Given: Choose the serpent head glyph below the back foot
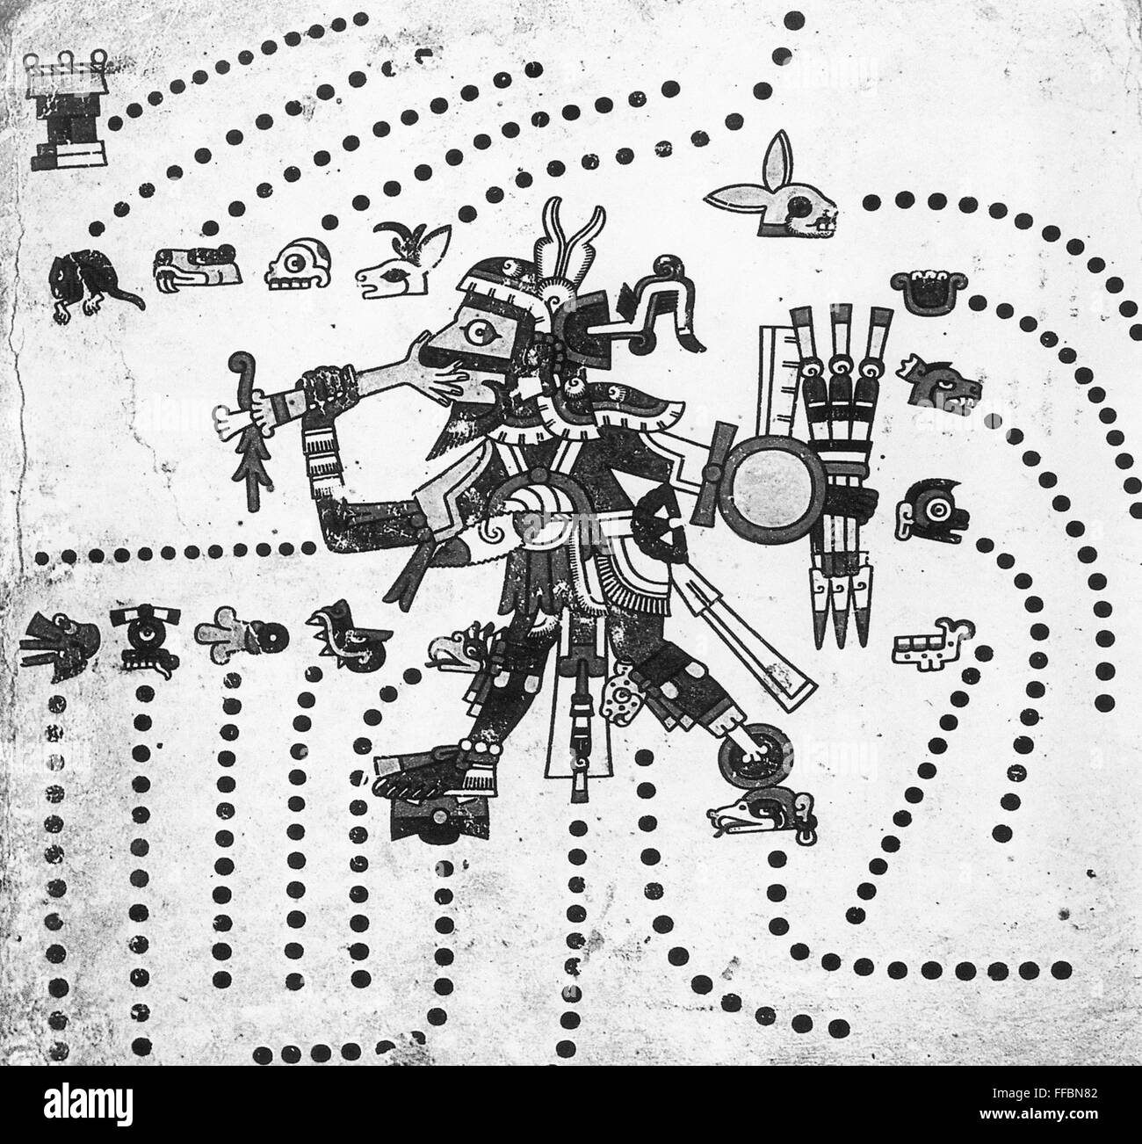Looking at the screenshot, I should click(x=763, y=813).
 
